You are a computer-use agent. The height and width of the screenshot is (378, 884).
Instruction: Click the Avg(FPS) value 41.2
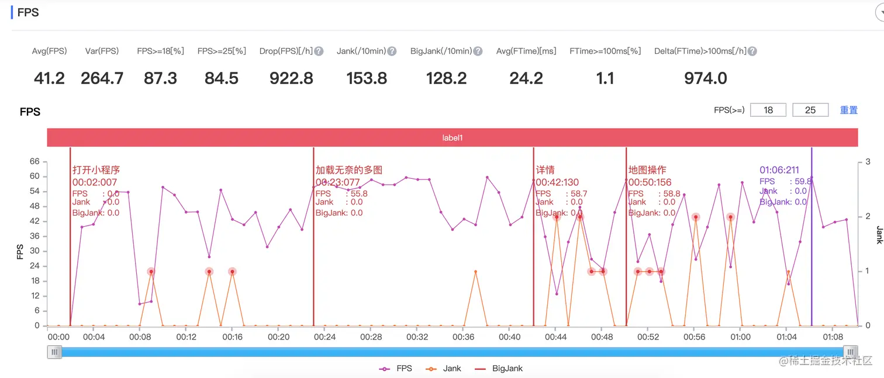coord(49,78)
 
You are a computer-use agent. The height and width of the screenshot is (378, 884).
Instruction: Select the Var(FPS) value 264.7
coord(102,78)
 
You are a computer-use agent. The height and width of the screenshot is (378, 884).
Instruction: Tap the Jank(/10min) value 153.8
coord(367,78)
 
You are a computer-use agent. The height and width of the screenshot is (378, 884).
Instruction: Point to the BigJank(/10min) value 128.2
coord(447,78)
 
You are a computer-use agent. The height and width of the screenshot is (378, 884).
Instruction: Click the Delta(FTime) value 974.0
coord(705,78)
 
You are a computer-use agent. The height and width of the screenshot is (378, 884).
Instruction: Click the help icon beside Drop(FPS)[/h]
coord(319,51)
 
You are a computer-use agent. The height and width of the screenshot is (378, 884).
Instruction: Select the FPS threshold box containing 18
coord(768,110)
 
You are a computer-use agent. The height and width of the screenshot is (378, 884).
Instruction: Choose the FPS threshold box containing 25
coord(810,110)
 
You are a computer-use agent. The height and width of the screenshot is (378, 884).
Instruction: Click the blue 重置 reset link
coord(848,110)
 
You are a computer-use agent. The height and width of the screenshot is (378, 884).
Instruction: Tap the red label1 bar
coord(452,138)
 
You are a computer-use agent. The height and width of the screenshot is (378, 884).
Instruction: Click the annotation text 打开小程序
coord(96,170)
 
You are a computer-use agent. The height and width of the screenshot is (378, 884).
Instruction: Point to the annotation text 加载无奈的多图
coord(348,170)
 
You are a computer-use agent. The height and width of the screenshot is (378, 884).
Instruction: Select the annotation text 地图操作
coord(647,170)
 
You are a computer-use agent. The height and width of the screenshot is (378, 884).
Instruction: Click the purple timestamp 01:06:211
coord(779,170)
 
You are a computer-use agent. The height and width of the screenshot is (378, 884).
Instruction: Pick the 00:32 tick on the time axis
coord(417,337)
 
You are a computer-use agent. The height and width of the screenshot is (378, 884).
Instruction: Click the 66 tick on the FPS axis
coord(34,161)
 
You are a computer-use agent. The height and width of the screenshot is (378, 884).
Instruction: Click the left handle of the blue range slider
coord(55,352)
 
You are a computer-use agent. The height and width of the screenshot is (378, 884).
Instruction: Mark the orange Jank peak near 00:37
coord(475,272)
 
